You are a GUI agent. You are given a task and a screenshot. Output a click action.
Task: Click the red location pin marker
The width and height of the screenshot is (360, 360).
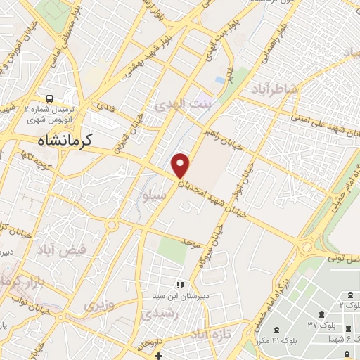pyautogui.click(x=181, y=165)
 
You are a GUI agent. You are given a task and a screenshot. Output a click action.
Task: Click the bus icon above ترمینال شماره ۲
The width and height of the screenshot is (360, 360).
pyautogui.click(x=50, y=98)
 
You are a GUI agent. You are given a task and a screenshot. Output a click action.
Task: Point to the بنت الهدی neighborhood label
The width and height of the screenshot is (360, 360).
pyautogui.click(x=179, y=104)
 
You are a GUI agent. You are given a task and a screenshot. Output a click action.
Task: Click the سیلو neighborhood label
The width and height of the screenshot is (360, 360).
pyautogui.click(x=155, y=198)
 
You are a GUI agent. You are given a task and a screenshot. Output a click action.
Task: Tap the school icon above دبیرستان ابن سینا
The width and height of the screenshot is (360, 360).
pyautogui.click(x=180, y=285)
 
